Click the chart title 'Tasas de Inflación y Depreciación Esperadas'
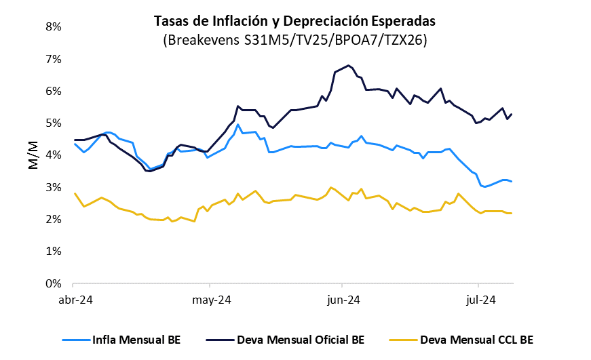294,21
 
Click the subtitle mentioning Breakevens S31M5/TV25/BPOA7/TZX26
294,40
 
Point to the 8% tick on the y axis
53,27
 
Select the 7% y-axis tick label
53,59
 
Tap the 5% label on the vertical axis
53,123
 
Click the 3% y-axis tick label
53,187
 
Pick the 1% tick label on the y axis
53,252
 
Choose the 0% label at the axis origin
53,283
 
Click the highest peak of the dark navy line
348,65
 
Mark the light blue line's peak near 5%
238,124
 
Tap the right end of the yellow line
511,213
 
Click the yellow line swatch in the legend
404,339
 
